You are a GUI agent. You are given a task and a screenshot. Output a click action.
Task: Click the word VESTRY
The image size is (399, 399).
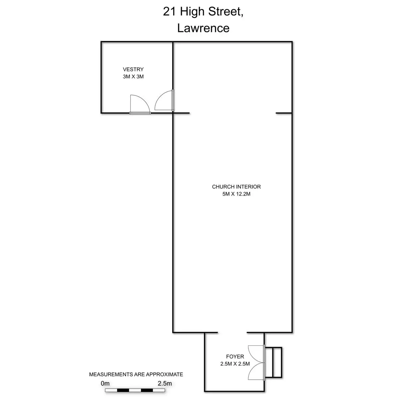point(133,69)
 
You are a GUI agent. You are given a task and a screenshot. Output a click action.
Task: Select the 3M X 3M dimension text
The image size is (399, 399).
point(133,76)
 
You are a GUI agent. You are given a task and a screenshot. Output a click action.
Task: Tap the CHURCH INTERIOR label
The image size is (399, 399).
point(236,187)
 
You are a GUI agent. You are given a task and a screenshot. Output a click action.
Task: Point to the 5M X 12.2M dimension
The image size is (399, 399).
point(236,194)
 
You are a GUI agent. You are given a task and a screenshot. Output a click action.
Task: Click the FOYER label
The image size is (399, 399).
point(235,356)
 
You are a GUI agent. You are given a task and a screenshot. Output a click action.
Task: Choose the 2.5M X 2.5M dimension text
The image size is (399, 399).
point(235,364)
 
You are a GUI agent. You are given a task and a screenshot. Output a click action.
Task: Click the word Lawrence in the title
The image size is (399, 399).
point(203,28)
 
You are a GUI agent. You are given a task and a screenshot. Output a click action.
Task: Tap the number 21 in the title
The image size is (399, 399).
point(169,11)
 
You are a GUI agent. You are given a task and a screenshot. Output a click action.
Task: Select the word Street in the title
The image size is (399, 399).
point(226,12)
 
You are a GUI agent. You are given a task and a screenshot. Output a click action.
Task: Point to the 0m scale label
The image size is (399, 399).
point(105,383)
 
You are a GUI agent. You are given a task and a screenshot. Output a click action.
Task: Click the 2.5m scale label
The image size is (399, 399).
point(165,383)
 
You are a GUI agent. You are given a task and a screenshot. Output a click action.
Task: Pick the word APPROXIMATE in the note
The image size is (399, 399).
point(165,374)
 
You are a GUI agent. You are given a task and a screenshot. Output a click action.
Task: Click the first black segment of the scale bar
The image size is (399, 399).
point(123,390)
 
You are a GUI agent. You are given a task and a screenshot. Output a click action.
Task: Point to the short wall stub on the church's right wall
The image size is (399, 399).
point(284,113)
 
